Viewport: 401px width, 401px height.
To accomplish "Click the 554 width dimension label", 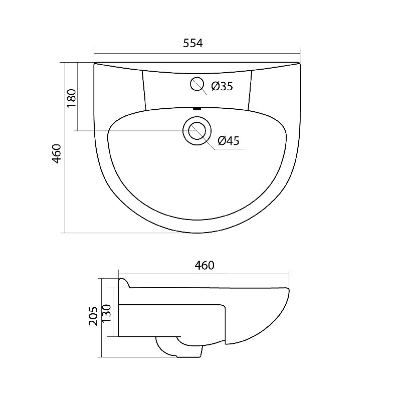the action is pos(193,43).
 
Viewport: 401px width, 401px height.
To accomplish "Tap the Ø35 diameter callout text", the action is pos(222,86).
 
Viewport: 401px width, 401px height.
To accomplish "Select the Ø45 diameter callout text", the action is pos(229,140).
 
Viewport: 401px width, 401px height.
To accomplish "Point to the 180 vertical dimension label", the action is pos(72,98).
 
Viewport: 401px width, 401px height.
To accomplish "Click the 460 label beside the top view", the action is pos(57,154).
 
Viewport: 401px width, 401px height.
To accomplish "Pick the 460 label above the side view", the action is pos(205,265).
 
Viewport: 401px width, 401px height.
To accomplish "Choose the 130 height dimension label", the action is pos(107,314).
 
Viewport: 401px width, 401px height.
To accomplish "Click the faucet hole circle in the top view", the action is pos(197,84).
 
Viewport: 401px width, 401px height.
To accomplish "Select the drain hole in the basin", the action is pos(197,131).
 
